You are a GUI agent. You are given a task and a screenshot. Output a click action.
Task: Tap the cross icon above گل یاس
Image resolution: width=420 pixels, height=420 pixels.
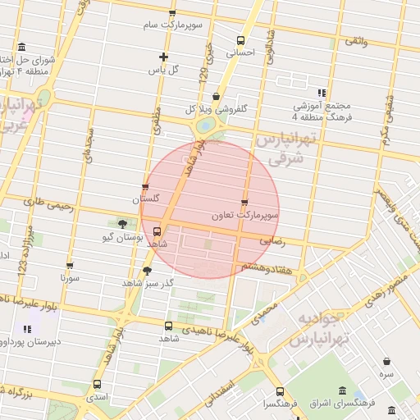point(164,57)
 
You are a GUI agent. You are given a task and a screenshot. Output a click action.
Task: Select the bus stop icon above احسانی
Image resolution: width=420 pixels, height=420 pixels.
point(240,40)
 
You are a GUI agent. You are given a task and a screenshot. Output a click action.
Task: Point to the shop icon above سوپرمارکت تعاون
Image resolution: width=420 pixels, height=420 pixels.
point(244,203)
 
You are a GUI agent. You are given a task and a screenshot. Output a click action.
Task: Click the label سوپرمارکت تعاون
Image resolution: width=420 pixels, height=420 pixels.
point(244,215)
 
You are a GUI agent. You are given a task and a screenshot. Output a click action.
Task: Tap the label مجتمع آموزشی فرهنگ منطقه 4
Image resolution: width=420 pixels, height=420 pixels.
point(322,112)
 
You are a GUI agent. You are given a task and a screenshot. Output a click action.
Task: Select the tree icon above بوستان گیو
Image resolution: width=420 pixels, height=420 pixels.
point(122,223)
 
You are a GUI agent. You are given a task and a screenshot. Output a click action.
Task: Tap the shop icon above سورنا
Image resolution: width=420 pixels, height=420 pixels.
point(70,266)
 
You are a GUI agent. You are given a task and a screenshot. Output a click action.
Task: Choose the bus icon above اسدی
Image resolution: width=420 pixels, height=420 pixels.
point(98,384)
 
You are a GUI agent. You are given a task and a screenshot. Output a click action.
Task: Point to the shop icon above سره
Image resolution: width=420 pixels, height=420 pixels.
point(386,361)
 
